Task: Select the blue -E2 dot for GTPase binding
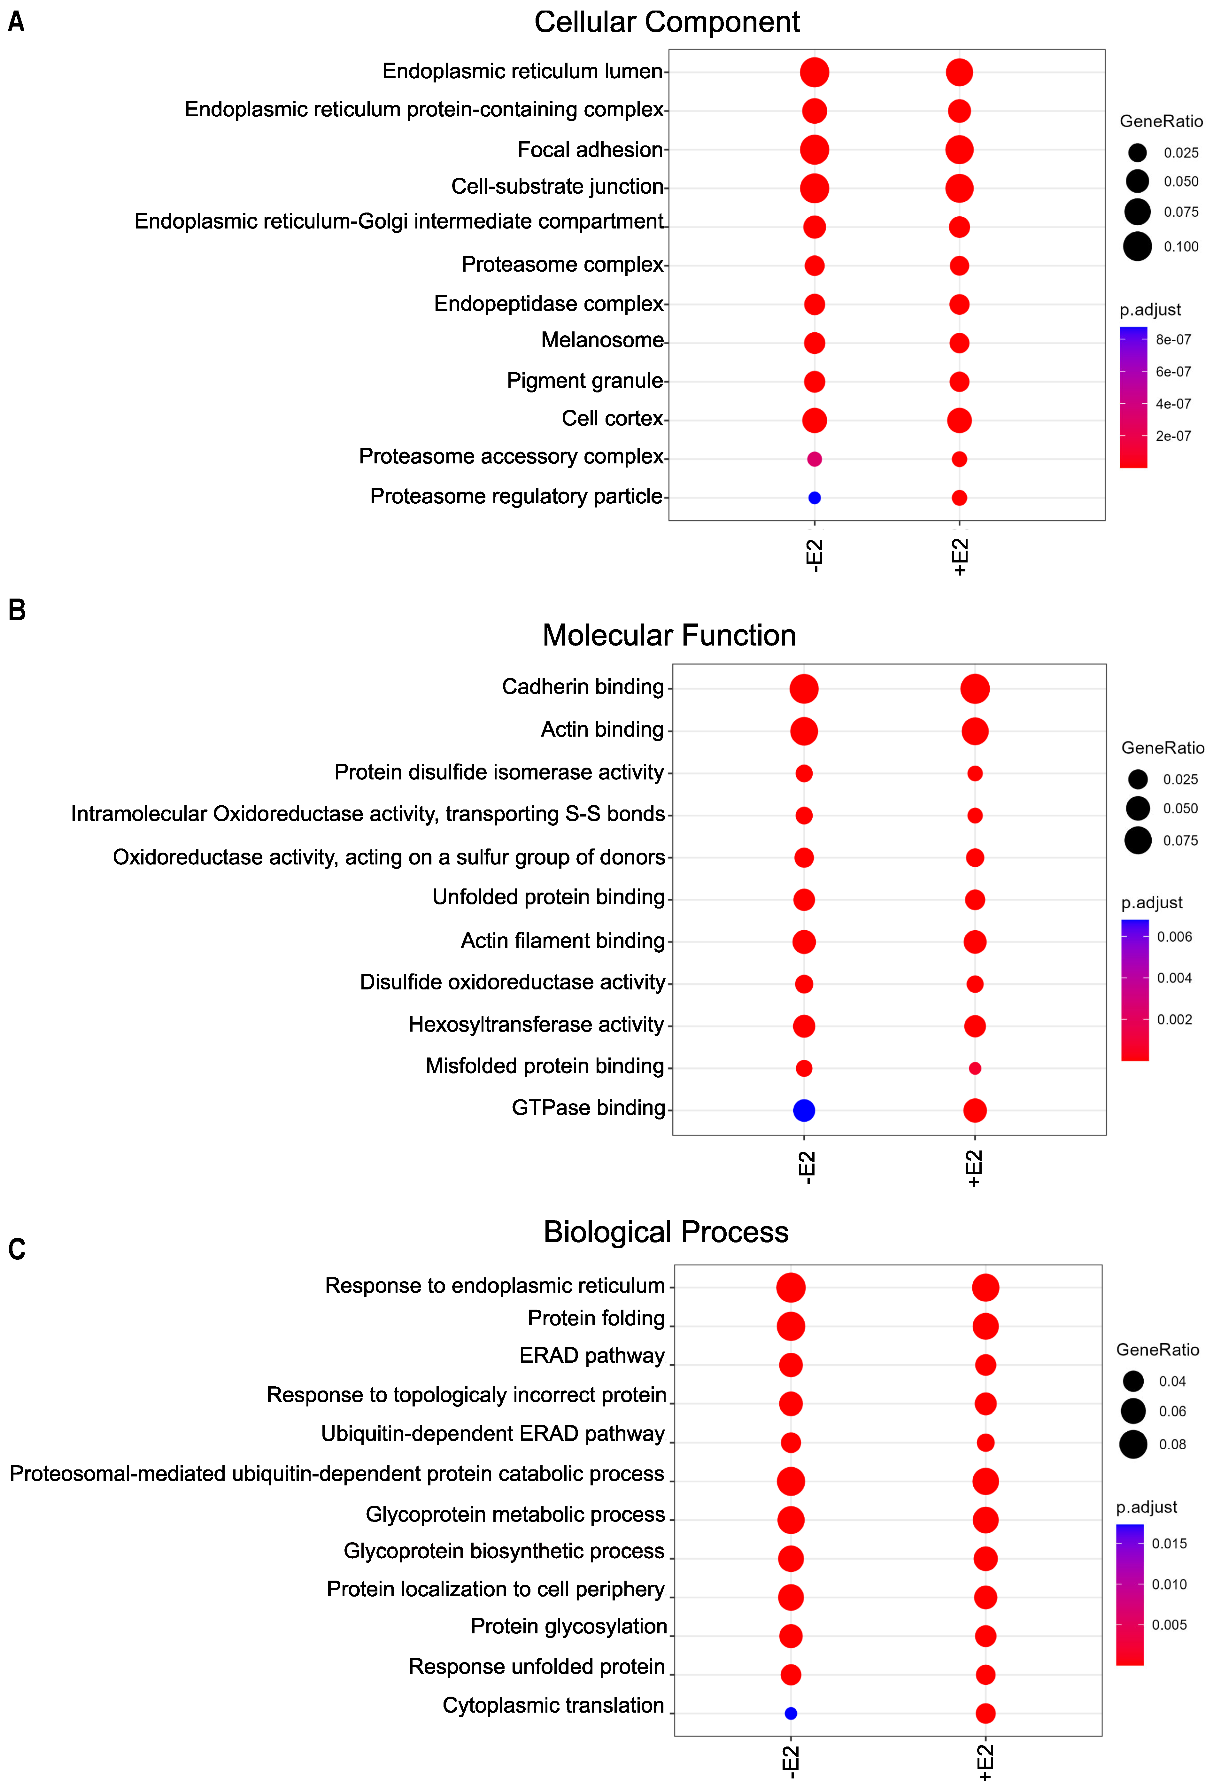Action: click(804, 1110)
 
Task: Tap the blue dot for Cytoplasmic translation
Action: click(791, 1714)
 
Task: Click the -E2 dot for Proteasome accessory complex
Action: click(814, 459)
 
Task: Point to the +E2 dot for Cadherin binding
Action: click(974, 688)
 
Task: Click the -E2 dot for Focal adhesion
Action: click(814, 149)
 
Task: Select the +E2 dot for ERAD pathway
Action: click(985, 1365)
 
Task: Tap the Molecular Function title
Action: click(669, 635)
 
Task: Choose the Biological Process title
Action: click(666, 1232)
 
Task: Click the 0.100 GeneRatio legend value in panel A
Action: click(1181, 246)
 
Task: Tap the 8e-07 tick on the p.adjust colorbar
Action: click(1173, 339)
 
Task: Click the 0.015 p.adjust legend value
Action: click(1169, 1544)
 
